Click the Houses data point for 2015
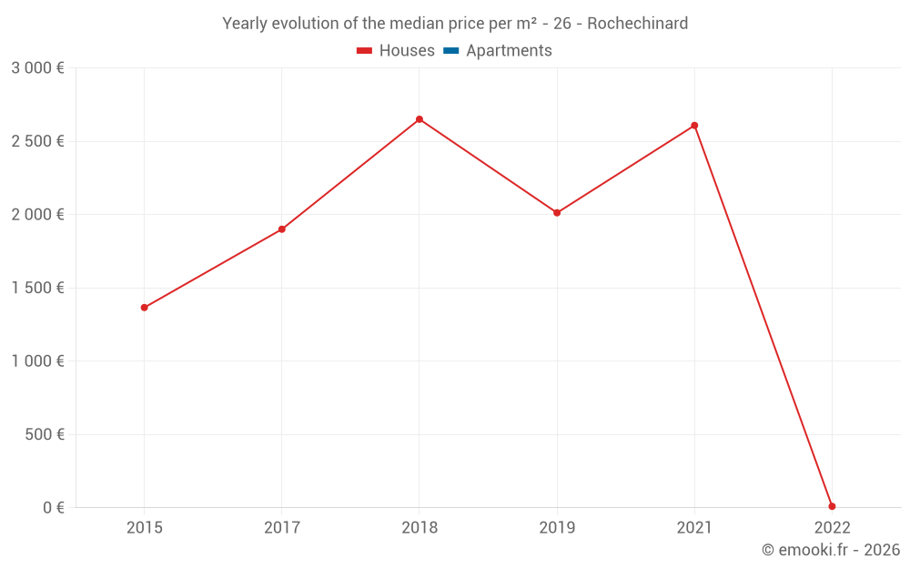click(144, 308)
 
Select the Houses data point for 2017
click(282, 229)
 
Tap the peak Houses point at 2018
click(420, 119)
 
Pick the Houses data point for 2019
click(557, 213)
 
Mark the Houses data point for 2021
click(694, 126)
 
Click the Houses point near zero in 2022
click(832, 506)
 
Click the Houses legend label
click(407, 51)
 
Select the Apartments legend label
click(509, 51)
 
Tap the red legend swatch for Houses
click(365, 51)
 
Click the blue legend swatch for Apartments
click(451, 51)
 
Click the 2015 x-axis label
click(144, 527)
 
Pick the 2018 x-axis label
click(420, 527)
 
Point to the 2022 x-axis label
click(832, 527)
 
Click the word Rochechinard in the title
click(637, 24)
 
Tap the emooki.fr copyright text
click(830, 550)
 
